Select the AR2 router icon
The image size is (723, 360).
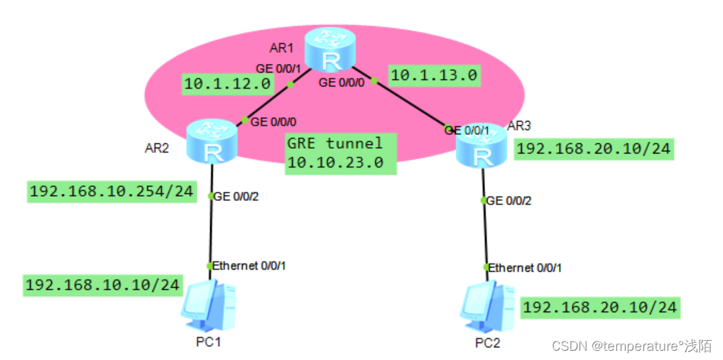tap(211, 141)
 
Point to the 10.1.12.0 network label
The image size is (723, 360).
tap(228, 84)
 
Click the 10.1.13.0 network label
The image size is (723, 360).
tap(434, 74)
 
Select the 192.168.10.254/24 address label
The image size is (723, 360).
tap(112, 192)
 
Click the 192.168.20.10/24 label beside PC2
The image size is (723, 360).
tap(600, 307)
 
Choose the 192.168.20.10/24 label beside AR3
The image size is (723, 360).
tap(593, 149)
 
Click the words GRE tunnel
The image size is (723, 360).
tap(335, 143)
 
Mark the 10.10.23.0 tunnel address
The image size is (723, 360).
tap(335, 163)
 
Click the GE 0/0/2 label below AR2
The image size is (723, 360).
tap(237, 197)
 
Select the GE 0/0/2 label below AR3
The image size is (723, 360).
tap(509, 201)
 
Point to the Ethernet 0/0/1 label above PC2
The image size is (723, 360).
tap(526, 268)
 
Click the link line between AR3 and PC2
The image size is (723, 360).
tap(485, 234)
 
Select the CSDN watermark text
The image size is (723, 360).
tap(631, 346)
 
